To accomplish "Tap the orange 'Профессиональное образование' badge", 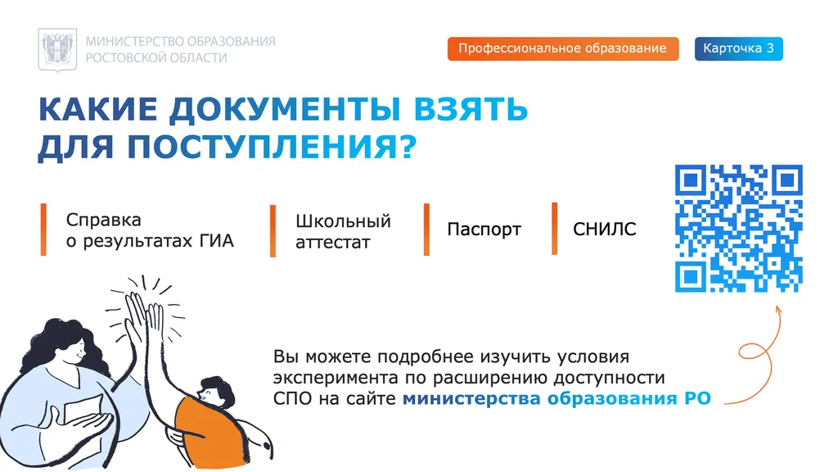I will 563,49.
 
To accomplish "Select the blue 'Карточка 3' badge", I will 738,49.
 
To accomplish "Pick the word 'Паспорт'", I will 484,229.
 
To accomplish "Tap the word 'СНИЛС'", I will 604,229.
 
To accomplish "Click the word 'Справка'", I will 103,220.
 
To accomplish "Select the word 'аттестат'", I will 332,243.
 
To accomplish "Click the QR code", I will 738,229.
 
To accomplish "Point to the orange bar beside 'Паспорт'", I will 426,229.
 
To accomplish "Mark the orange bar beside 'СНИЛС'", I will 555,229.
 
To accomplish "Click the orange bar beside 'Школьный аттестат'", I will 273,231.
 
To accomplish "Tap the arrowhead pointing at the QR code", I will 778,307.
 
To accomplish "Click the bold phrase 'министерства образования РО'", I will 556,399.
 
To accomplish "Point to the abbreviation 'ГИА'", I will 217,242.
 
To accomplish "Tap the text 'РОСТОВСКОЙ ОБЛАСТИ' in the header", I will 156,58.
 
